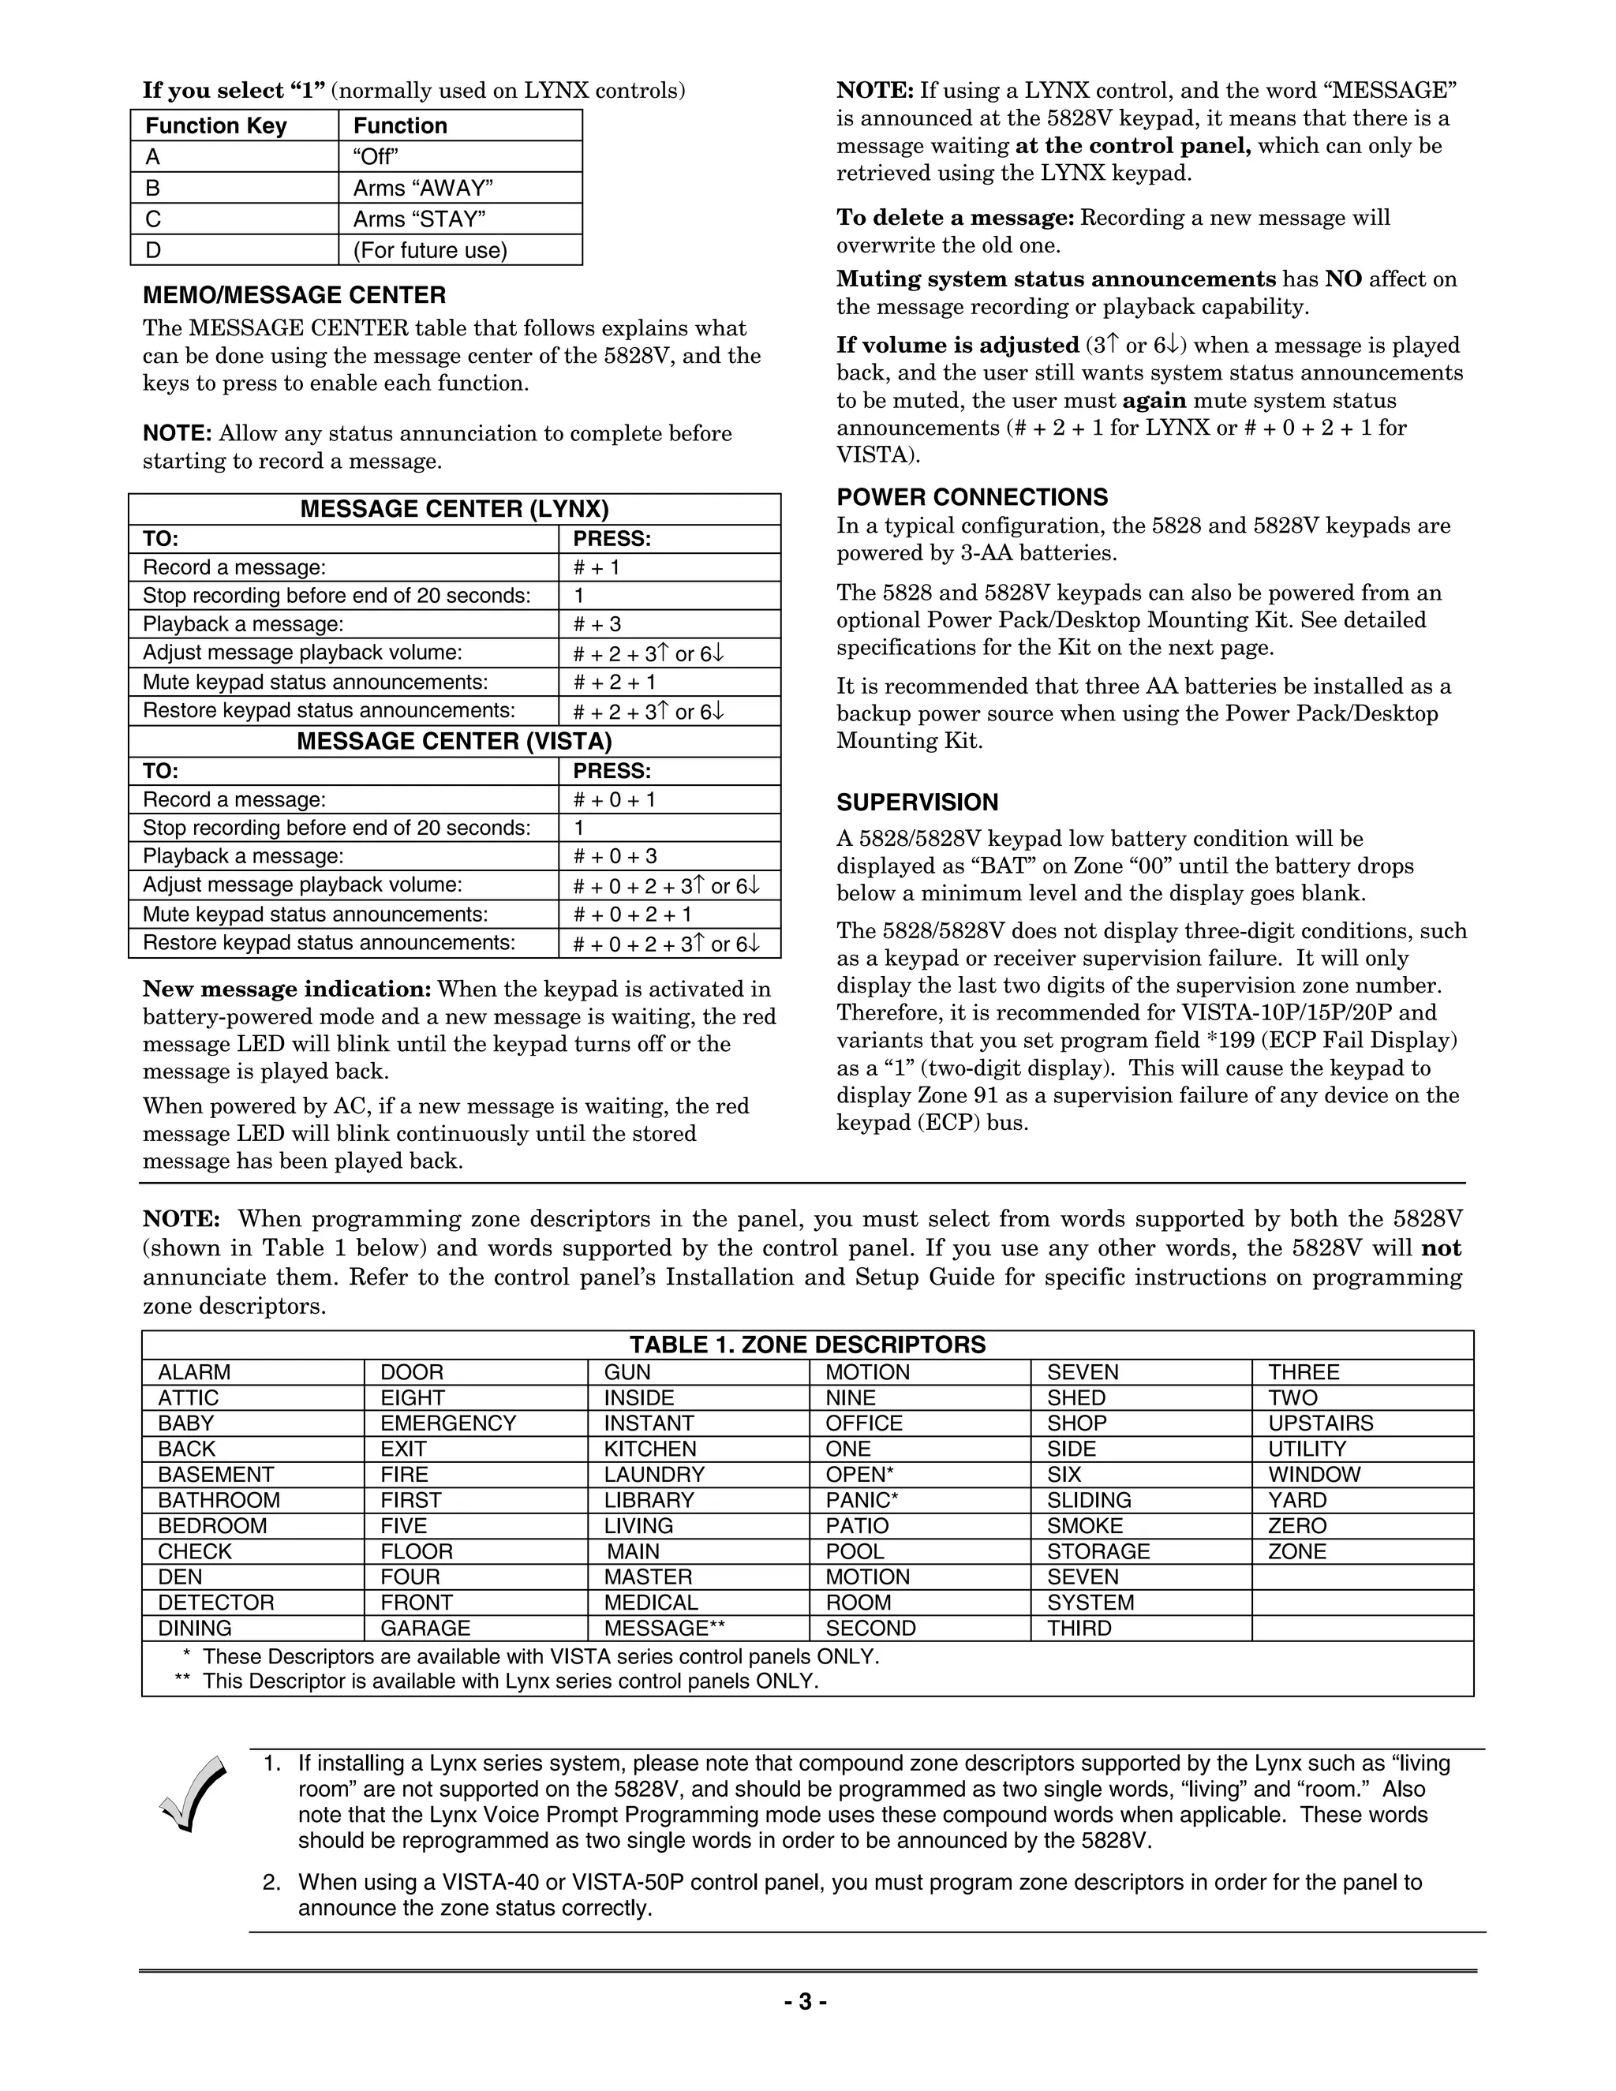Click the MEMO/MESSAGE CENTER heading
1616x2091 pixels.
coord(294,295)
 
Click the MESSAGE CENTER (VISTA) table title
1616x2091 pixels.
coord(454,741)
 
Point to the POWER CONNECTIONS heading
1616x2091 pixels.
coord(971,497)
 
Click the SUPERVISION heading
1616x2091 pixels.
coord(917,802)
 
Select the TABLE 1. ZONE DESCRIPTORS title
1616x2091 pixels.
coord(807,1345)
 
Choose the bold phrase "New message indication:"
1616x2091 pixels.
coord(287,988)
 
